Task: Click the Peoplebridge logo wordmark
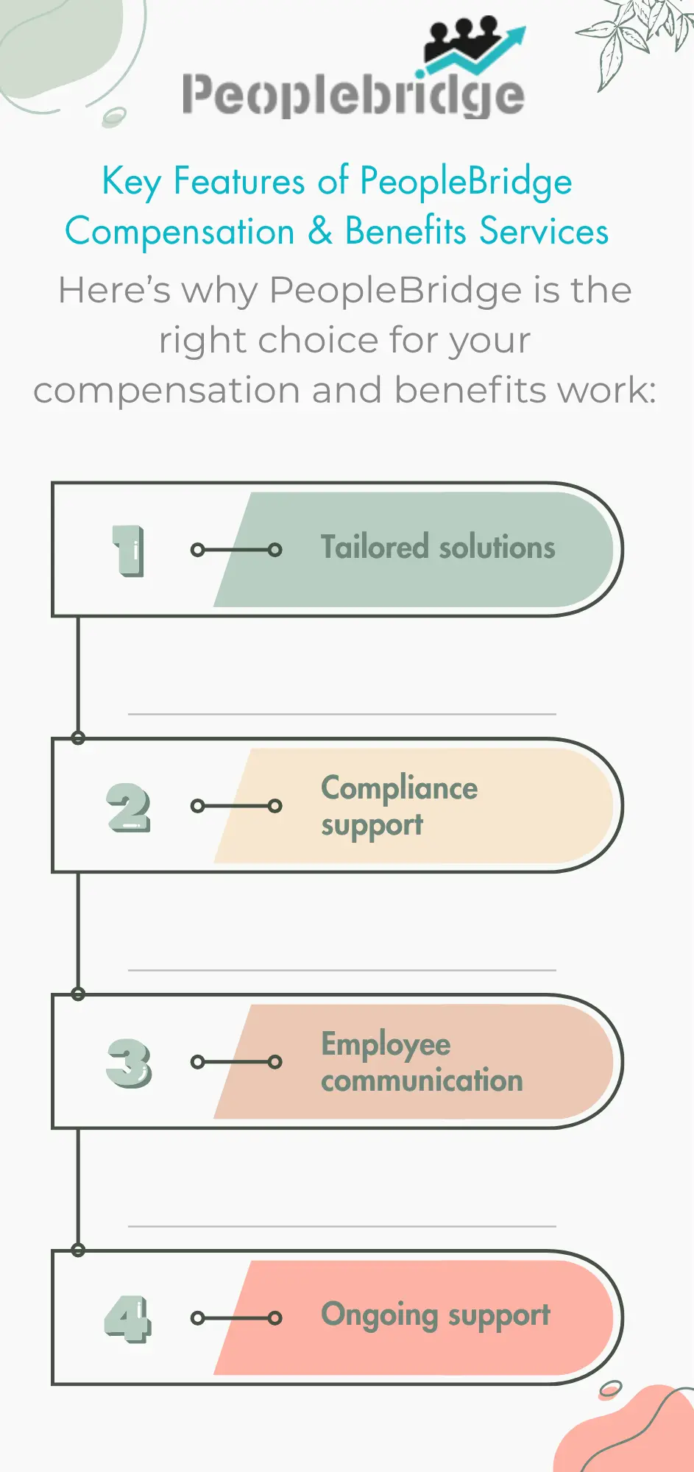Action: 353,96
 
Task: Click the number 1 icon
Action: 129,550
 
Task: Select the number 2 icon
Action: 129,807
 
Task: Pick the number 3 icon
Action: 129,1063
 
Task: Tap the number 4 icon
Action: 129,1319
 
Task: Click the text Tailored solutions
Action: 438,548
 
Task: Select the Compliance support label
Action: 399,806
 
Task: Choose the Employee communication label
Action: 421,1062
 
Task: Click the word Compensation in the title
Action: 180,231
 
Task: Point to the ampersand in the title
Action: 320,231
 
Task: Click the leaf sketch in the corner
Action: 637,37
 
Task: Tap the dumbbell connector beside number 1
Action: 236,550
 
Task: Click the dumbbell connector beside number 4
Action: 236,1318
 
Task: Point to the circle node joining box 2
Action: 78,738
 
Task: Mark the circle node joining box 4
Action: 78,1250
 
